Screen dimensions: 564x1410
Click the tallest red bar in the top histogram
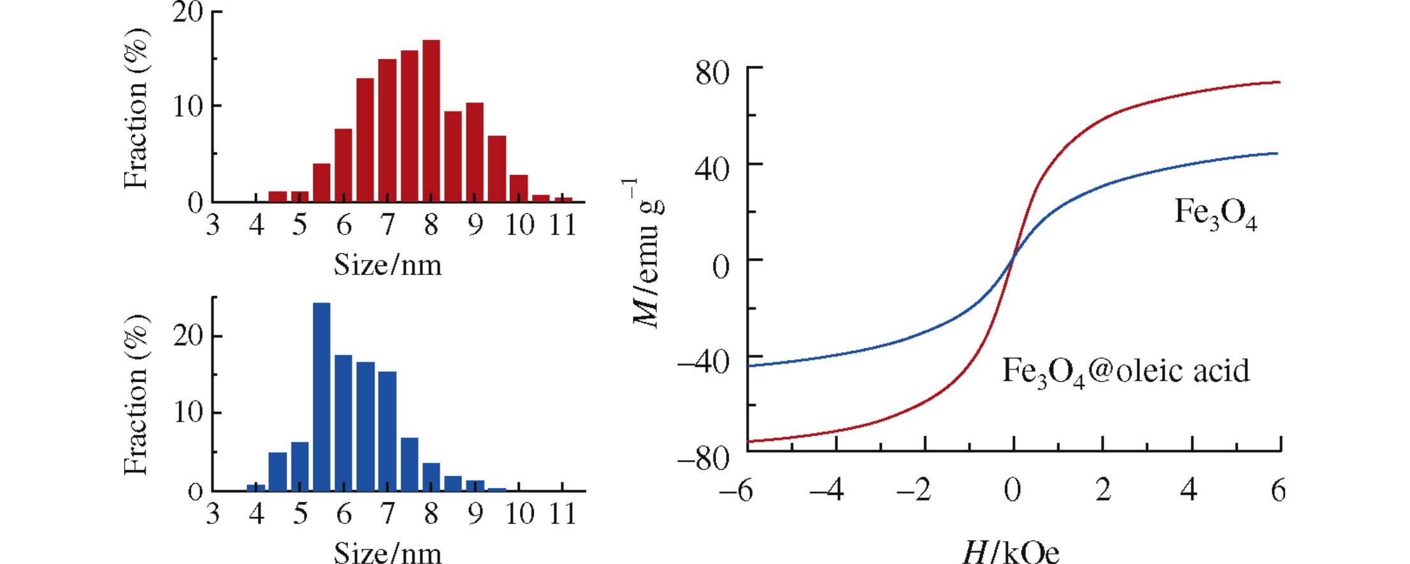(431, 121)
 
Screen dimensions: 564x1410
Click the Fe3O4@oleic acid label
(1126, 372)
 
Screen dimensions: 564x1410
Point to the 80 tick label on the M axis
(712, 73)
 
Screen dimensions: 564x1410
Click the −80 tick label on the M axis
(703, 458)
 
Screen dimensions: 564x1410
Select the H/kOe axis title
(1011, 552)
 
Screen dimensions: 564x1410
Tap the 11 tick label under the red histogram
(563, 225)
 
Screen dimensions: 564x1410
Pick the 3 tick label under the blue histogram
(213, 513)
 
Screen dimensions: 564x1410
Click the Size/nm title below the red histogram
(387, 265)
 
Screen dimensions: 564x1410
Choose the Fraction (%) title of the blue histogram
(136, 395)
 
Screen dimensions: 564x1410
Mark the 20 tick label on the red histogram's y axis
(187, 12)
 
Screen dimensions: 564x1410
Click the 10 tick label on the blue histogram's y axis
(188, 412)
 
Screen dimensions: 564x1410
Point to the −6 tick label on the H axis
(736, 491)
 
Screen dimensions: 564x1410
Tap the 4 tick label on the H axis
(1188, 490)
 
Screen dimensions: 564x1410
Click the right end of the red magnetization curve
(1279, 82)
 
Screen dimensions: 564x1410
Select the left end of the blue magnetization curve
(749, 365)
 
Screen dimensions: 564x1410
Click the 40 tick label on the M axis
(712, 169)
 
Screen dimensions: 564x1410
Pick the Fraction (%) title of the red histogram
(136, 108)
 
